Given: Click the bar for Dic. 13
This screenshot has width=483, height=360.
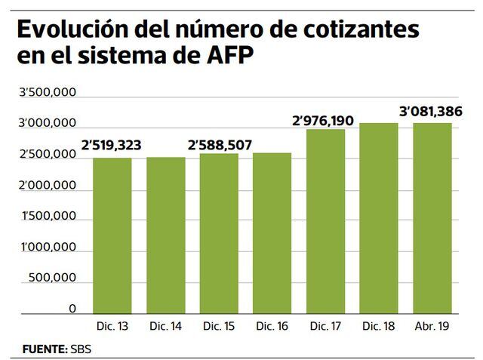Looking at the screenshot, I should coord(112,235).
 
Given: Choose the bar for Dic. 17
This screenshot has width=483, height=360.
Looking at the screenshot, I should coord(325,220).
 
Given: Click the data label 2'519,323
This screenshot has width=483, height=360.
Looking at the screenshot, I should coord(112,146).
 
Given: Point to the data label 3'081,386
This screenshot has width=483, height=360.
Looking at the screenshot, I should coord(432,112).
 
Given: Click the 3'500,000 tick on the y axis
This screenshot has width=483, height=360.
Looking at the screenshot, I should coord(47,92).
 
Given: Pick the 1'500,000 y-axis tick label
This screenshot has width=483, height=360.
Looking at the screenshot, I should coord(47,216).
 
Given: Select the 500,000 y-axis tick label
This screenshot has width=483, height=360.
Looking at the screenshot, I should coord(53,278).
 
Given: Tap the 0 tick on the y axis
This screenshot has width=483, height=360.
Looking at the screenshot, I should coord(72,309).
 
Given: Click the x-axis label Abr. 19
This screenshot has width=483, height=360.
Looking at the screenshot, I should coord(432,325).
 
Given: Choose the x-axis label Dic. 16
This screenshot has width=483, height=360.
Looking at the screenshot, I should coord(272,325).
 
